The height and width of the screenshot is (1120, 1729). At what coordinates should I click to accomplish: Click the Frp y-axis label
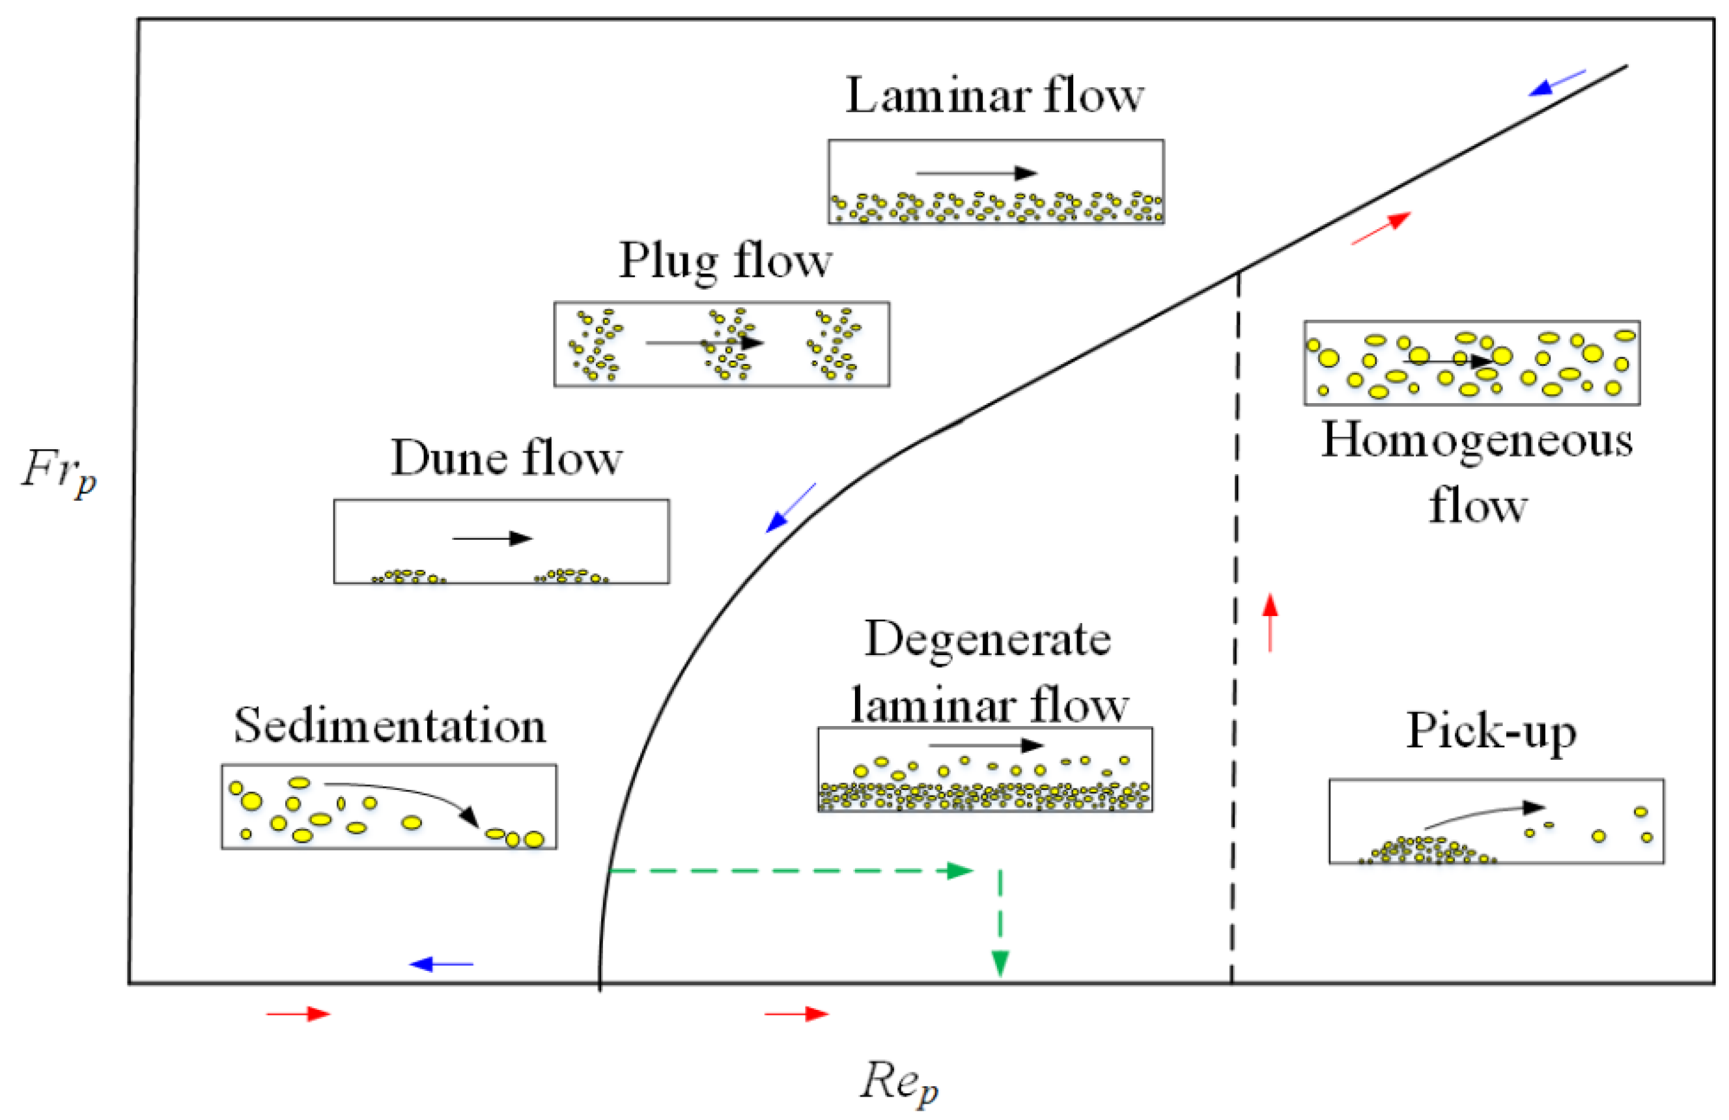coord(58,472)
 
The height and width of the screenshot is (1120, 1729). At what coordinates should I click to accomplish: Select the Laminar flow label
coord(994,96)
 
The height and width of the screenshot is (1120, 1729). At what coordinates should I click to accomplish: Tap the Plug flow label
coord(724,260)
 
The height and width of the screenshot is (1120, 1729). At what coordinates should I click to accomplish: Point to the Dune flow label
coord(507,458)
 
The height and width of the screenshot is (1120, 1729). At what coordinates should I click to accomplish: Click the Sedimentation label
coord(389,725)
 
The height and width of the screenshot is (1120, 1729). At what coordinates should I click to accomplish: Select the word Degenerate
coord(987,639)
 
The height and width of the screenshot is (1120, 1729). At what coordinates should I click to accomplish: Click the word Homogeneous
coord(1477,440)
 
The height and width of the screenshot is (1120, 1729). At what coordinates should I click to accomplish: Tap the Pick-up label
coord(1491,730)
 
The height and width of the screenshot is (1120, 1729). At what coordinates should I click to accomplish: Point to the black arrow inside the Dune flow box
coord(492,539)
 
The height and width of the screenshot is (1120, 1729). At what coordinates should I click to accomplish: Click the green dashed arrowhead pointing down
coord(1000,963)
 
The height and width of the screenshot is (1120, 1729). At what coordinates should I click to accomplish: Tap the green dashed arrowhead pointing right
coord(960,870)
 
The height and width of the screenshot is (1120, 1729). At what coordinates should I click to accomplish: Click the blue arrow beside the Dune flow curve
coord(791,508)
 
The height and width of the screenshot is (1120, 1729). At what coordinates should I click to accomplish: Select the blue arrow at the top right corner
coord(1557,83)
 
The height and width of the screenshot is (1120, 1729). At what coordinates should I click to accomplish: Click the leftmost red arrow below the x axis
coord(298,1014)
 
